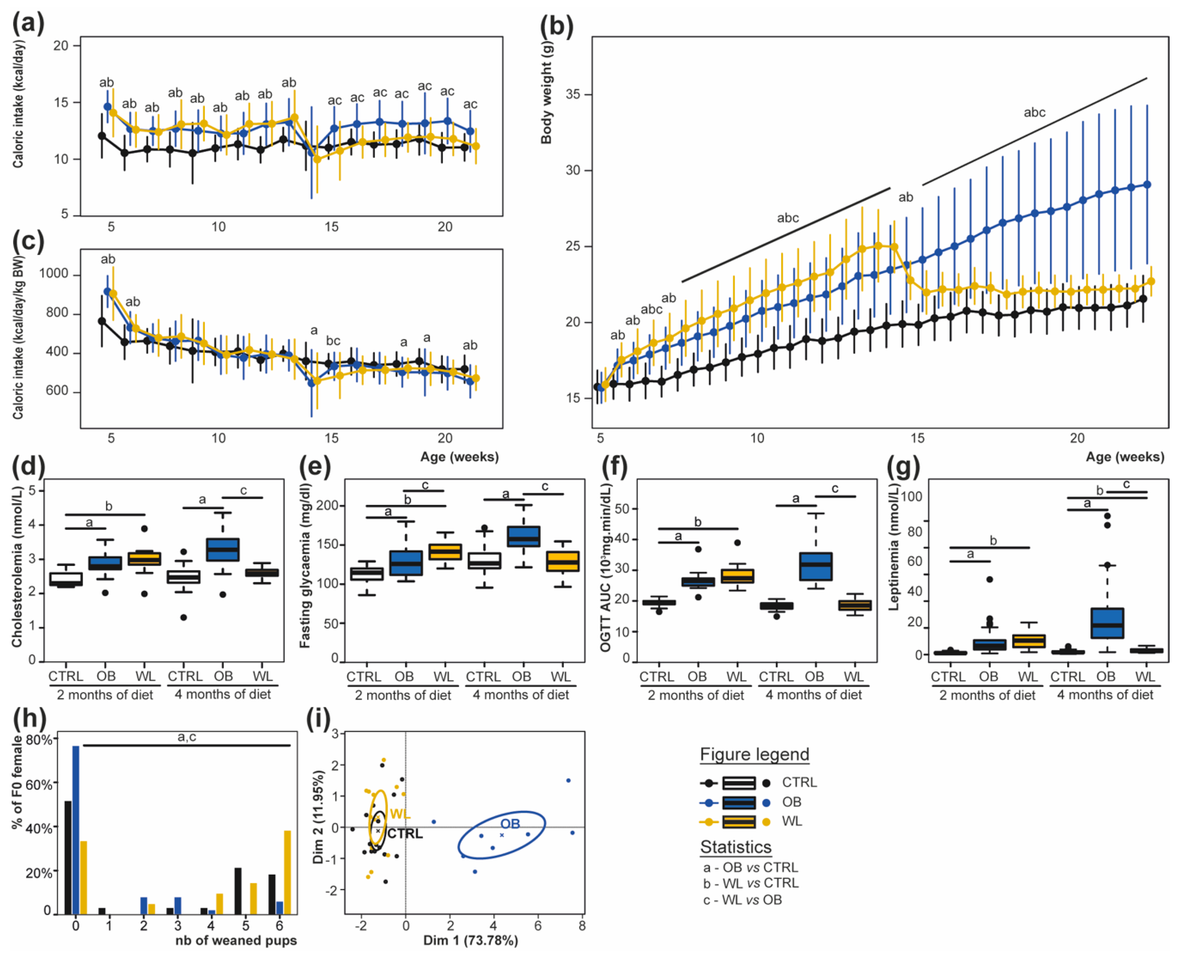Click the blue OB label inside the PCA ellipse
(x=510, y=824)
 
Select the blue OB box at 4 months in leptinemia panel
(x=1107, y=623)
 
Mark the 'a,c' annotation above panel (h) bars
(x=187, y=736)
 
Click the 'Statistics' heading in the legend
(x=735, y=847)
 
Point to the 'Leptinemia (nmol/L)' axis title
(x=893, y=547)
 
